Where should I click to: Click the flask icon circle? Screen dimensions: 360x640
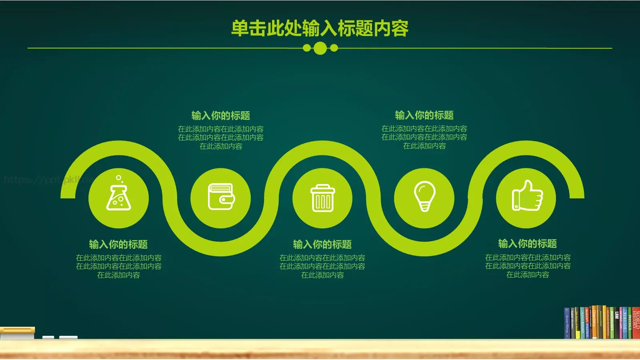click(x=118, y=198)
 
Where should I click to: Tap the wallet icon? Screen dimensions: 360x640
click(x=221, y=197)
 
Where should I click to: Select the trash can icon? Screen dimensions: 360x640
click(x=322, y=198)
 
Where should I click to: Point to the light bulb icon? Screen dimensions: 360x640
click(x=424, y=196)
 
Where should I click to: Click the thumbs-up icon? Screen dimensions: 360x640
click(x=527, y=196)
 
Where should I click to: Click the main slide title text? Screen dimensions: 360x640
click(x=320, y=28)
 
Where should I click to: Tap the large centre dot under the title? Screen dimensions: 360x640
click(x=320, y=48)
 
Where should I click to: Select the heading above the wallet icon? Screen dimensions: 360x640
click(x=221, y=116)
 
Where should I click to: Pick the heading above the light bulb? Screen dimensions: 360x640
click(x=424, y=115)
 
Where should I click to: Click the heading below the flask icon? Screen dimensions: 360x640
click(x=118, y=244)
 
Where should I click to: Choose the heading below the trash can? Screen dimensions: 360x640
click(x=322, y=244)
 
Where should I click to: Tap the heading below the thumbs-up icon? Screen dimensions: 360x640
click(x=527, y=243)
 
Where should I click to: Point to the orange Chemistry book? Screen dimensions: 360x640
click(x=594, y=322)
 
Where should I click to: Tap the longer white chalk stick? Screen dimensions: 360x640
click(x=68, y=338)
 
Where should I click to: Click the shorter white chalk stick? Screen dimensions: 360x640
click(x=48, y=338)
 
